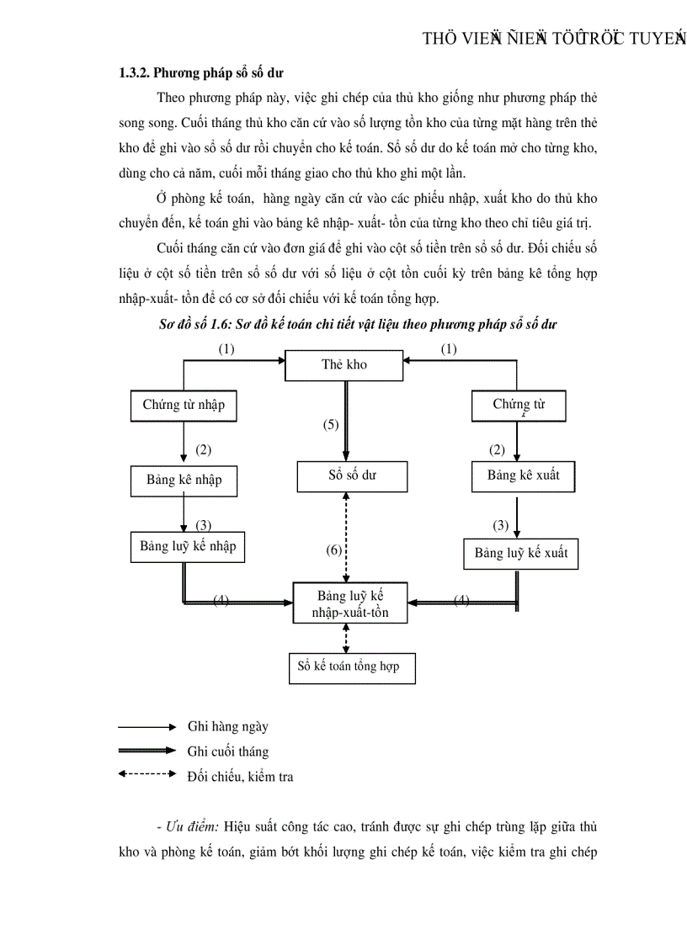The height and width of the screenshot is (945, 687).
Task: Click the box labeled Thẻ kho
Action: point(344,365)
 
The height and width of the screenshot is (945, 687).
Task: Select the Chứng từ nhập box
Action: point(184,406)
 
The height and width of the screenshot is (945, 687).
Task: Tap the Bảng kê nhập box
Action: point(184,480)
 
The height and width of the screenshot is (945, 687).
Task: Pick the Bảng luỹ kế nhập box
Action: point(188,547)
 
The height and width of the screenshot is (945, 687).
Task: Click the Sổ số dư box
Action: point(352,476)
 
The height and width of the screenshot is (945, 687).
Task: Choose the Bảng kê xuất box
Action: point(523,476)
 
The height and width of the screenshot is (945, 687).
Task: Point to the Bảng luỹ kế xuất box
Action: point(521,554)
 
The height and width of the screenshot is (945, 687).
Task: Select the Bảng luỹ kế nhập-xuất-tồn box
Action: point(350,603)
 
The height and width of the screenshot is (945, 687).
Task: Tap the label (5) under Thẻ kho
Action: point(331,425)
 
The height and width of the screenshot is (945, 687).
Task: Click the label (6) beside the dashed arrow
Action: point(334,551)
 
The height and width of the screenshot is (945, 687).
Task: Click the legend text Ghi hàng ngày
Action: point(228,727)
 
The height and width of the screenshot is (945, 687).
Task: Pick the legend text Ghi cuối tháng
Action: point(228,751)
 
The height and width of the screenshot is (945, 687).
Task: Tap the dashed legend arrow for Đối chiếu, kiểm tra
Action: point(147,773)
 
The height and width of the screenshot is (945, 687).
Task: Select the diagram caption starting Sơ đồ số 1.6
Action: point(358,324)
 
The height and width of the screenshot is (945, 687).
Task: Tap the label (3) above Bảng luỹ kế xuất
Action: point(501,526)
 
